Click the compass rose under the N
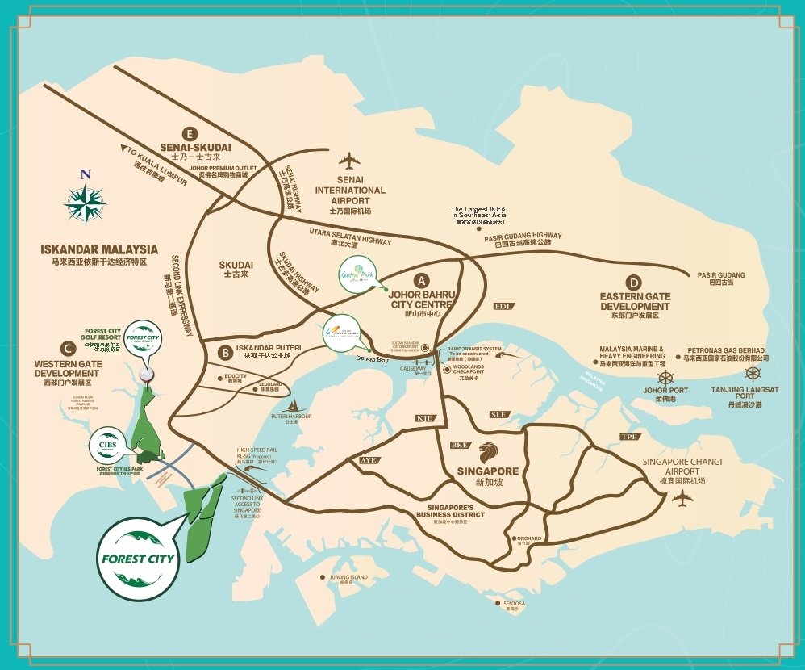85,203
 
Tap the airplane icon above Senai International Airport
349,159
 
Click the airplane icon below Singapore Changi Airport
682,498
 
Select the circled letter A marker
420,281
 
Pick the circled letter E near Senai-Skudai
190,133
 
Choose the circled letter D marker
634,282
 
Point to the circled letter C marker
69,349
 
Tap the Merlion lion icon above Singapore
489,450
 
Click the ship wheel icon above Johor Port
665,377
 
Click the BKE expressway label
460,446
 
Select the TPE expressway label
628,437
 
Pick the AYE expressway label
368,460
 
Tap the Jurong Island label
347,577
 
